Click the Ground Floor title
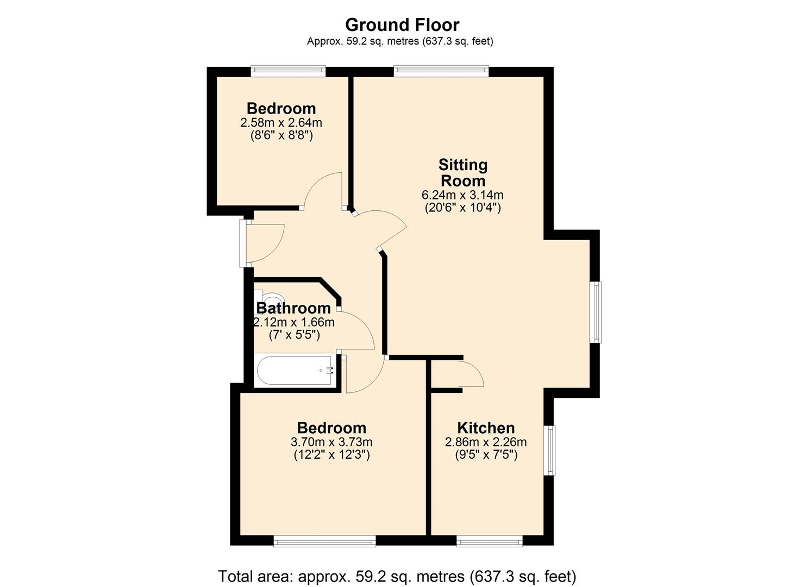(402, 25)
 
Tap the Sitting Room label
(463, 172)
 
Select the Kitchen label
(486, 428)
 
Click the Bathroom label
(293, 308)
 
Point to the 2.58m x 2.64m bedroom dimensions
(281, 123)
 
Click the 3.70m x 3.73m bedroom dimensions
(331, 442)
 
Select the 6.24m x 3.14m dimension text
(462, 195)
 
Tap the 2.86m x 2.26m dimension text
(486, 442)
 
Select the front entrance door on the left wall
(243, 243)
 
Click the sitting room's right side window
(597, 311)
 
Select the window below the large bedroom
(324, 541)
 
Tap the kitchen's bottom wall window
(489, 541)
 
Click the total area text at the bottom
(397, 576)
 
